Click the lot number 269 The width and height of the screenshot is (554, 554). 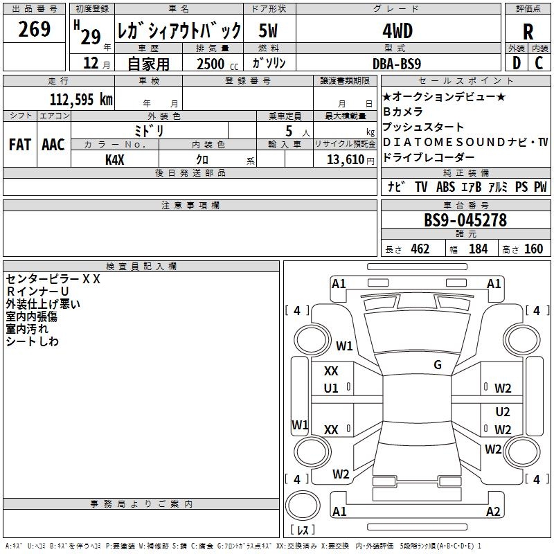pos(35,30)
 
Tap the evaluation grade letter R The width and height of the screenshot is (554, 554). pos(528,31)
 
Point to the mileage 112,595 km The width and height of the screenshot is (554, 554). pos(81,99)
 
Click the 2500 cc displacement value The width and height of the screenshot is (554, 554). pos(211,64)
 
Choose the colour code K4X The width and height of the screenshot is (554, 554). pos(115,159)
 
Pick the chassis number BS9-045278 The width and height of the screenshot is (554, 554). pos(465,221)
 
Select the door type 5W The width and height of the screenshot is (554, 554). pos(269,30)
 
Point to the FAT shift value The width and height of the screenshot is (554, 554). pos(19,145)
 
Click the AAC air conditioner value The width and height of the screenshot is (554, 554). pos(53,145)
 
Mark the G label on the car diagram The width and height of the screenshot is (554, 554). pos(438,365)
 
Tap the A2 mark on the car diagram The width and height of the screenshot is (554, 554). pos(493,512)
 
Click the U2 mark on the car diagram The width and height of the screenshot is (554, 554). pos(503,412)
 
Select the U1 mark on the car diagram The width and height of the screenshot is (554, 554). pos(332,388)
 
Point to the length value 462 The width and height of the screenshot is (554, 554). pos(420,249)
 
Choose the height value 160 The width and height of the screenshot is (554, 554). pos(533,249)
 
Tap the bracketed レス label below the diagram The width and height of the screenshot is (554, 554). pos(302,530)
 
